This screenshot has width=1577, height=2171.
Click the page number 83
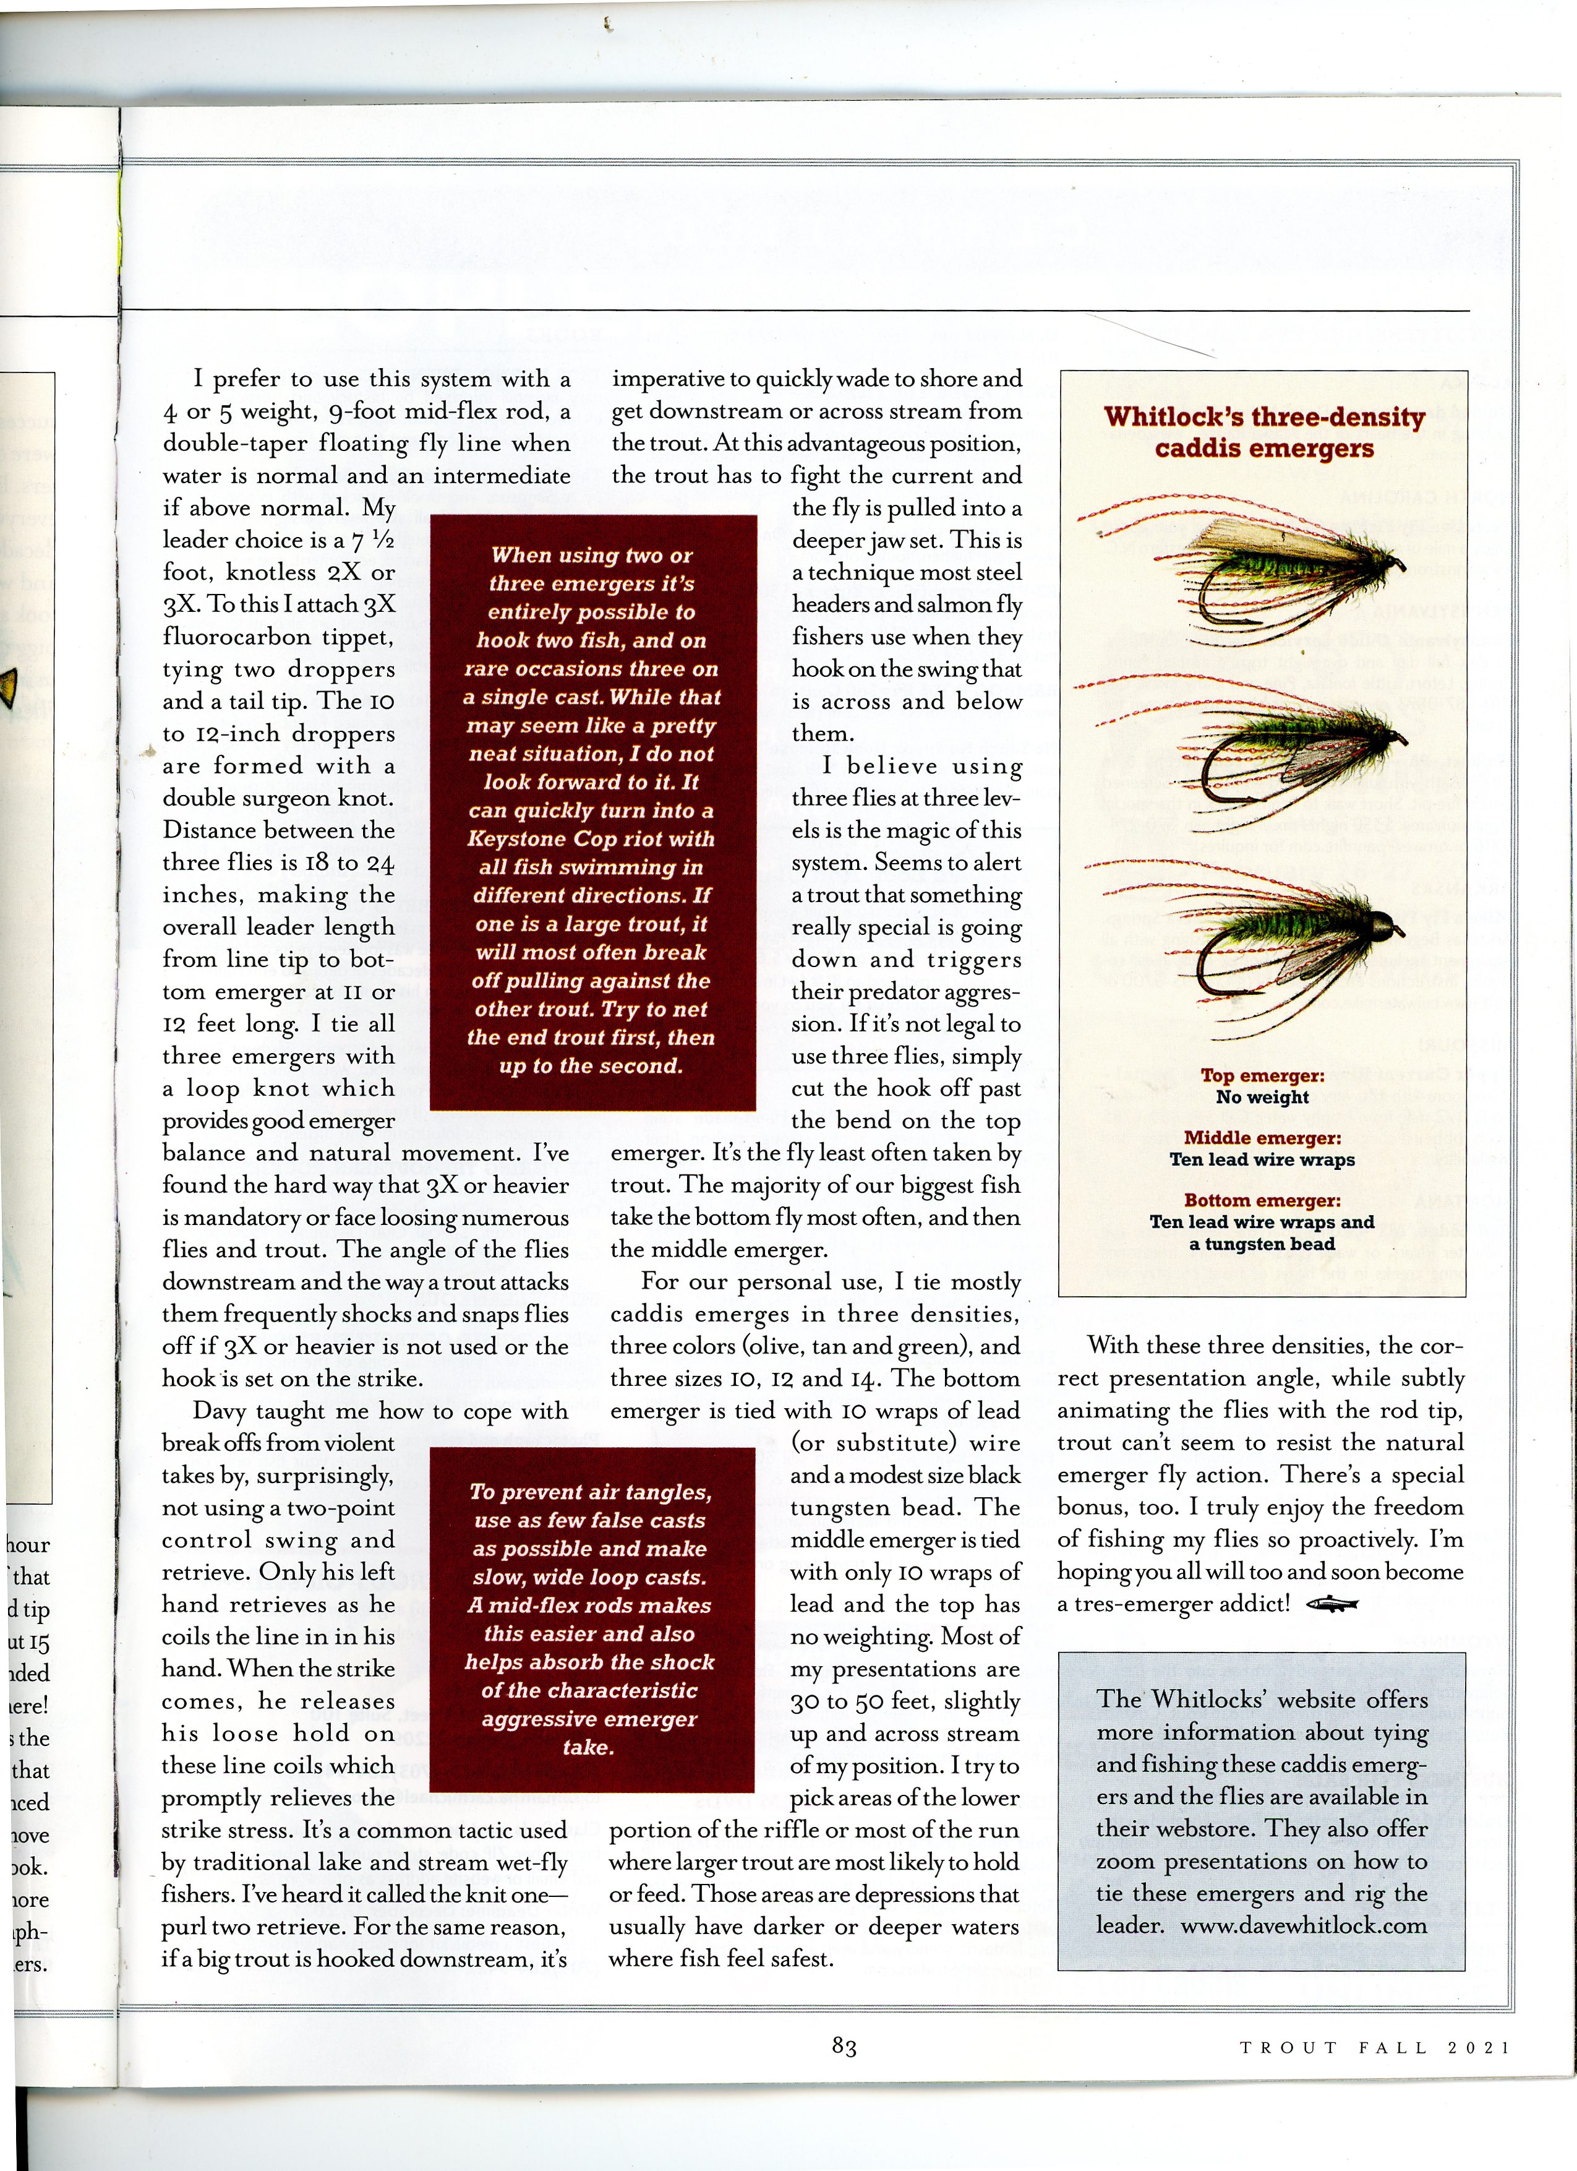pos(843,2047)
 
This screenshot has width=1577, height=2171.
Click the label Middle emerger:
pos(1262,1138)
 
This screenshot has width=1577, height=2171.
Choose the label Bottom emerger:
pos(1262,1200)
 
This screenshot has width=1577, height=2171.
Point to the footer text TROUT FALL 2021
pos(1374,2047)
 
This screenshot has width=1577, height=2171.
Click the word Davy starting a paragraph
pos(220,1411)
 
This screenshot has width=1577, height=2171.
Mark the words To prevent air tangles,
pos(591,1492)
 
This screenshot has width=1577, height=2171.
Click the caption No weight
pos(1262,1097)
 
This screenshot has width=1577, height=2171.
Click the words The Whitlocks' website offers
pos(1261,1699)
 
